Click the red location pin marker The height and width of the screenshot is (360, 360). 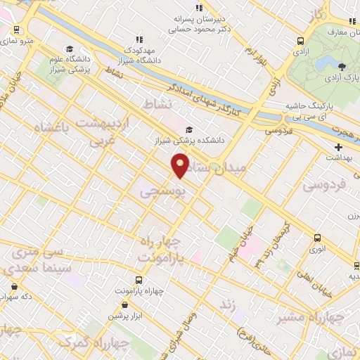[181, 165]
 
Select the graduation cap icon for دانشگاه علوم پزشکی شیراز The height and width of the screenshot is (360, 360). [69, 49]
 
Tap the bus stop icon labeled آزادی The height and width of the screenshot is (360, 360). [300, 41]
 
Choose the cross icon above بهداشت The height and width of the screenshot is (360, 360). [339, 148]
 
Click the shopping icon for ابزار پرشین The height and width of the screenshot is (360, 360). [125, 305]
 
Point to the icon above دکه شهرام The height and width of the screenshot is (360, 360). [15, 286]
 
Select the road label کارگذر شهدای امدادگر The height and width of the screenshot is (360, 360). [211, 98]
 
